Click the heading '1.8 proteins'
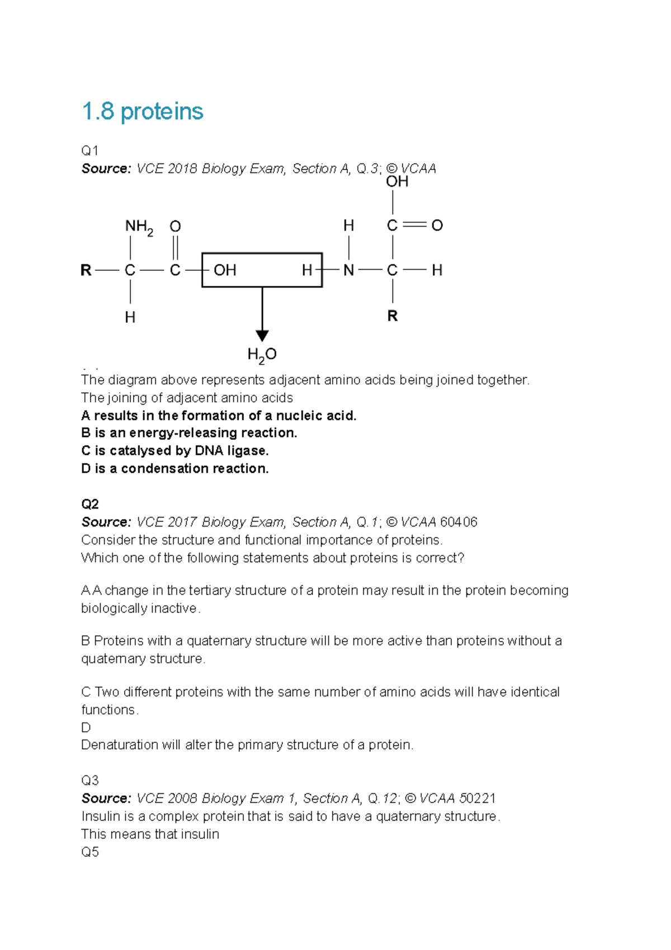(142, 111)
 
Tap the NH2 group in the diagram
(139, 227)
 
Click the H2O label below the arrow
(262, 355)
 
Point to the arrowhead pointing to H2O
(262, 335)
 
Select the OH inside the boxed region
(225, 270)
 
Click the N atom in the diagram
(349, 271)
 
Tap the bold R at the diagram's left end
(86, 271)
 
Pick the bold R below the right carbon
(393, 316)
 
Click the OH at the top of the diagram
(397, 181)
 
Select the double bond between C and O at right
(414, 225)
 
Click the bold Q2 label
(90, 504)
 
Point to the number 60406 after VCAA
(459, 522)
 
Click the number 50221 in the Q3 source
(477, 798)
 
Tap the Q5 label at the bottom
(90, 852)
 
